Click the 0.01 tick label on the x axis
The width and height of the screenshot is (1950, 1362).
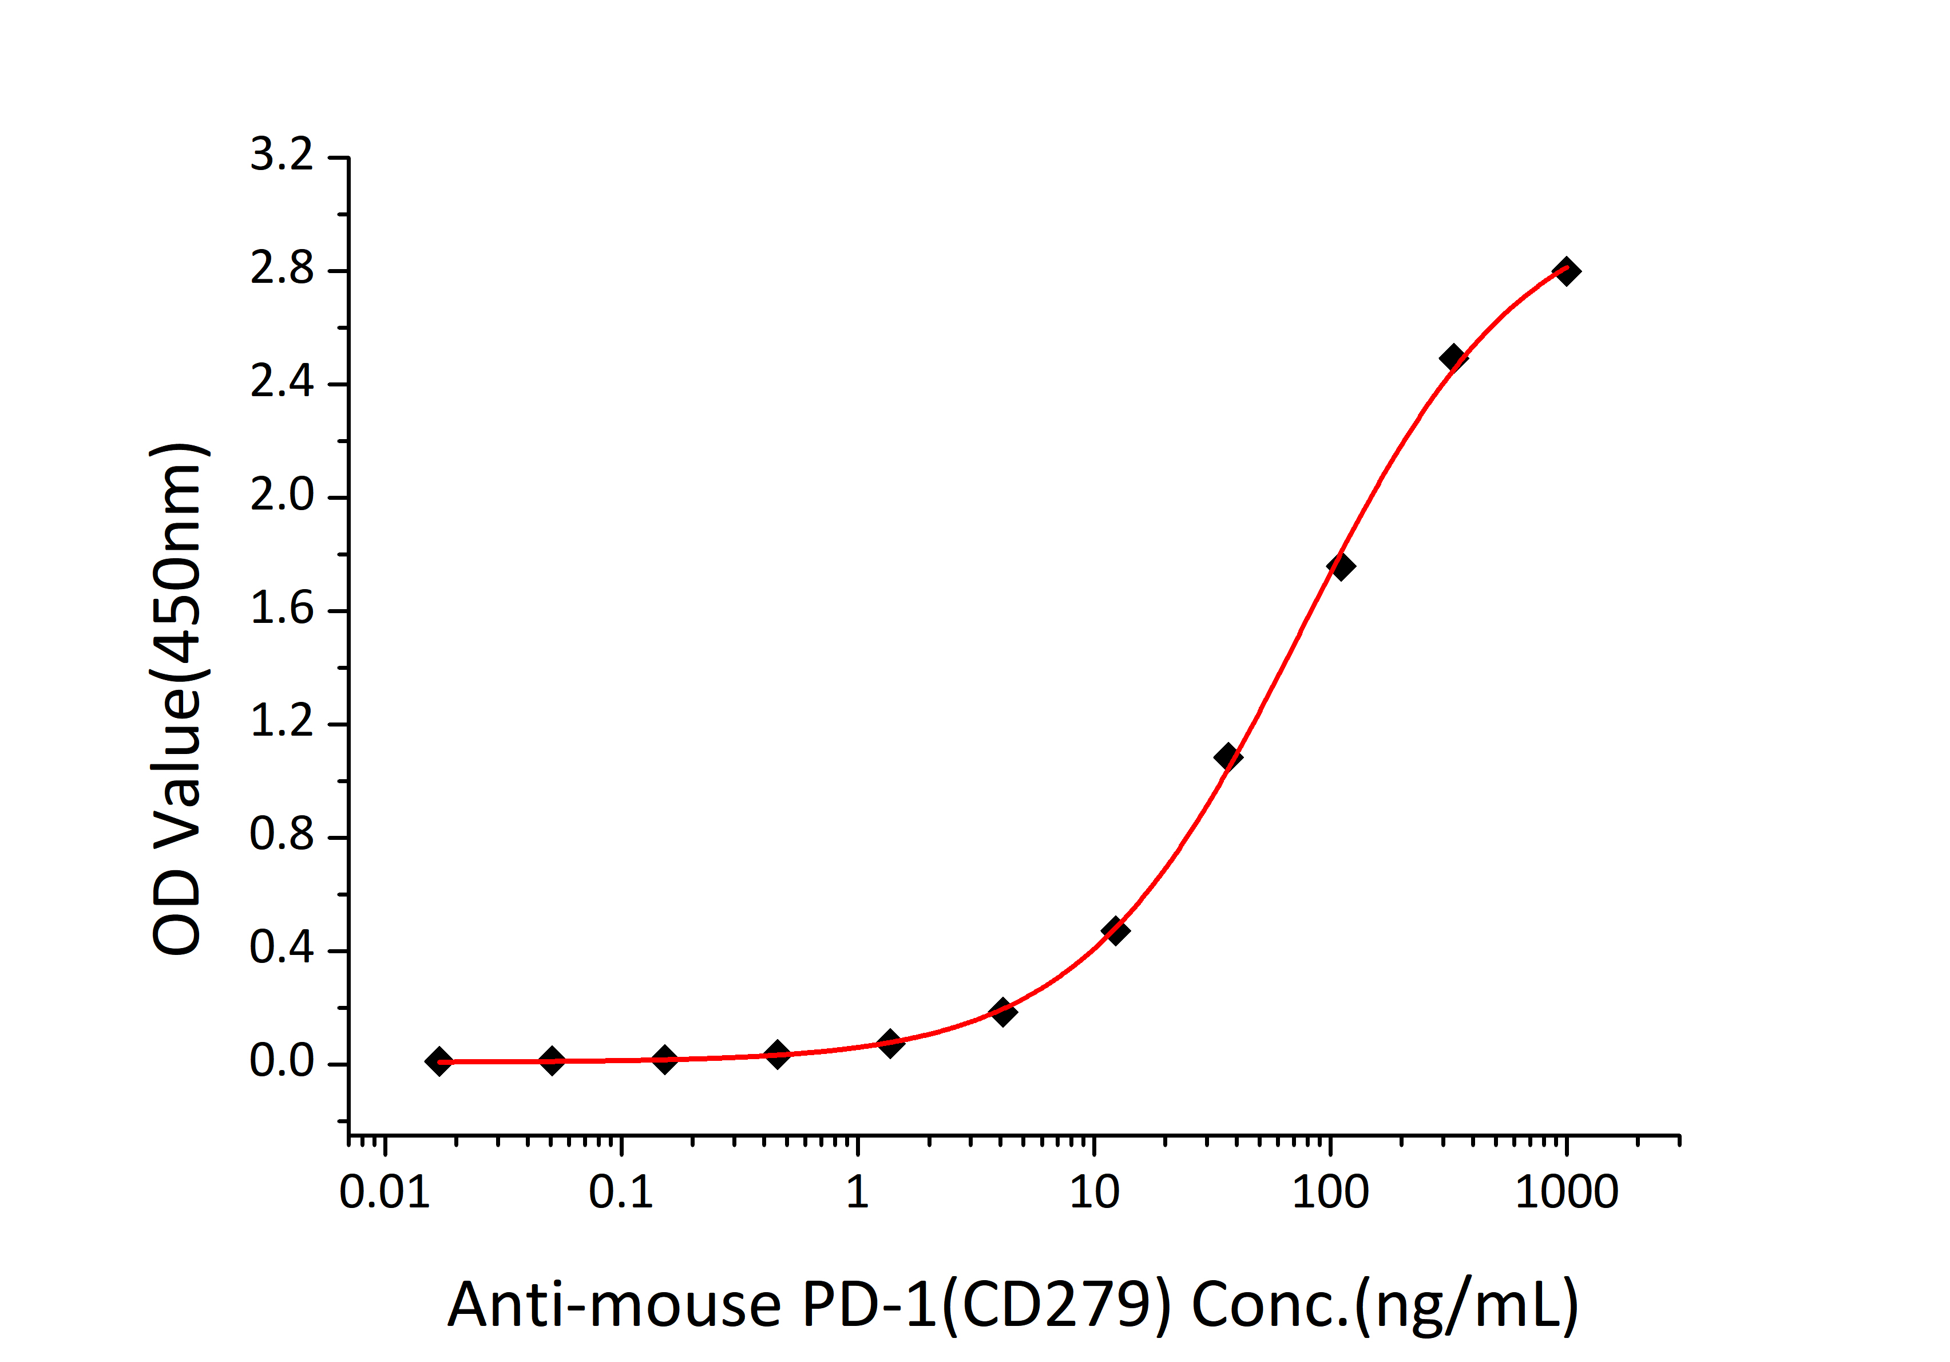tap(384, 1193)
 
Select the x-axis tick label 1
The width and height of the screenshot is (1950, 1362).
tap(857, 1193)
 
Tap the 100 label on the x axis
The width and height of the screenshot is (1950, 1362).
tap(1329, 1193)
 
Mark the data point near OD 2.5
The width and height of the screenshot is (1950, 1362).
tap(1453, 358)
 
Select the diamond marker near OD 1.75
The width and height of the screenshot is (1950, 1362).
tap(1340, 567)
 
